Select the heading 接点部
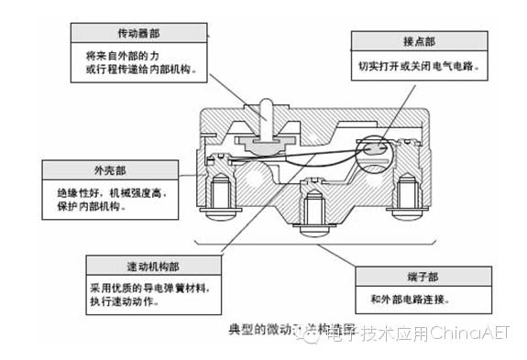pos(416,43)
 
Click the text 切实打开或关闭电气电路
pos(420,67)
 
